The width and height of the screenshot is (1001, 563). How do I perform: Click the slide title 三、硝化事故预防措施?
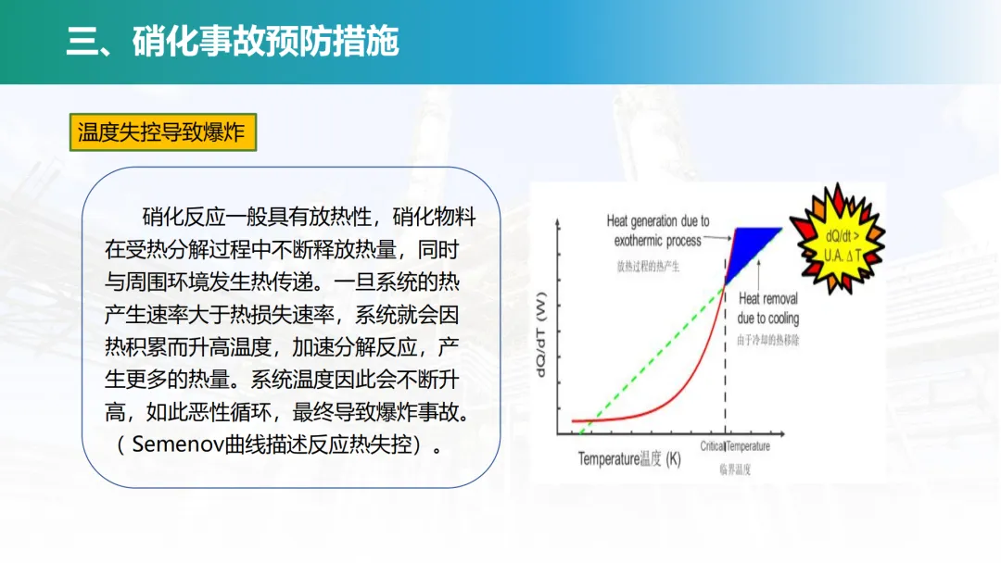(233, 42)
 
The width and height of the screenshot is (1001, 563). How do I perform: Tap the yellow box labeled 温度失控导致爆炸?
(163, 132)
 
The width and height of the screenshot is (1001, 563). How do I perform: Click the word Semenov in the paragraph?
(178, 444)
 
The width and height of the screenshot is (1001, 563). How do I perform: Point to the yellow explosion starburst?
(838, 239)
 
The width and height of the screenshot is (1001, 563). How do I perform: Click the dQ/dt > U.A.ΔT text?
(842, 246)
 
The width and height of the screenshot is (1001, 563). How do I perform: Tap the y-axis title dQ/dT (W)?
(540, 334)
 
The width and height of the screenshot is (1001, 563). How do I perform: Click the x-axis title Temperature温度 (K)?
(629, 459)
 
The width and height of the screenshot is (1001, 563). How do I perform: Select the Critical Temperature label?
(735, 446)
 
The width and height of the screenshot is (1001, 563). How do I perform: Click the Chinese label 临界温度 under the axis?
(735, 469)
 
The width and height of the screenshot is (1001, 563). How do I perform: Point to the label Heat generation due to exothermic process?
(657, 231)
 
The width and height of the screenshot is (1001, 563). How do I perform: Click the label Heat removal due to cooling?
(768, 308)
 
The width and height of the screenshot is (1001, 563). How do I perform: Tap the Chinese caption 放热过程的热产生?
(648, 267)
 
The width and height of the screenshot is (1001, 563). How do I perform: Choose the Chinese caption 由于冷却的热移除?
(768, 341)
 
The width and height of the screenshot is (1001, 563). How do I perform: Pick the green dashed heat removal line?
(653, 360)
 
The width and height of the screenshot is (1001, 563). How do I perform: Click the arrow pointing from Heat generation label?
(717, 238)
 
